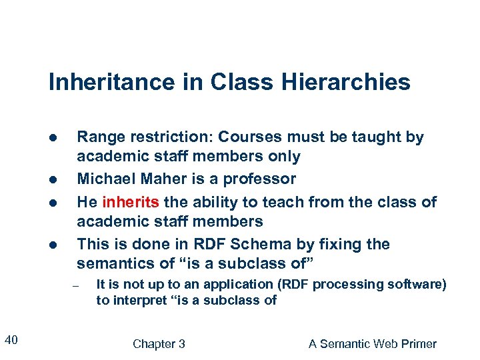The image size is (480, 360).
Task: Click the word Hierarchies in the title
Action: tap(358, 83)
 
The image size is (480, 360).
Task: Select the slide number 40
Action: tap(11, 341)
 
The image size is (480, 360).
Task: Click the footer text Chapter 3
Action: tap(159, 344)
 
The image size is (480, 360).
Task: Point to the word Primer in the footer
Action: tap(417, 344)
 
